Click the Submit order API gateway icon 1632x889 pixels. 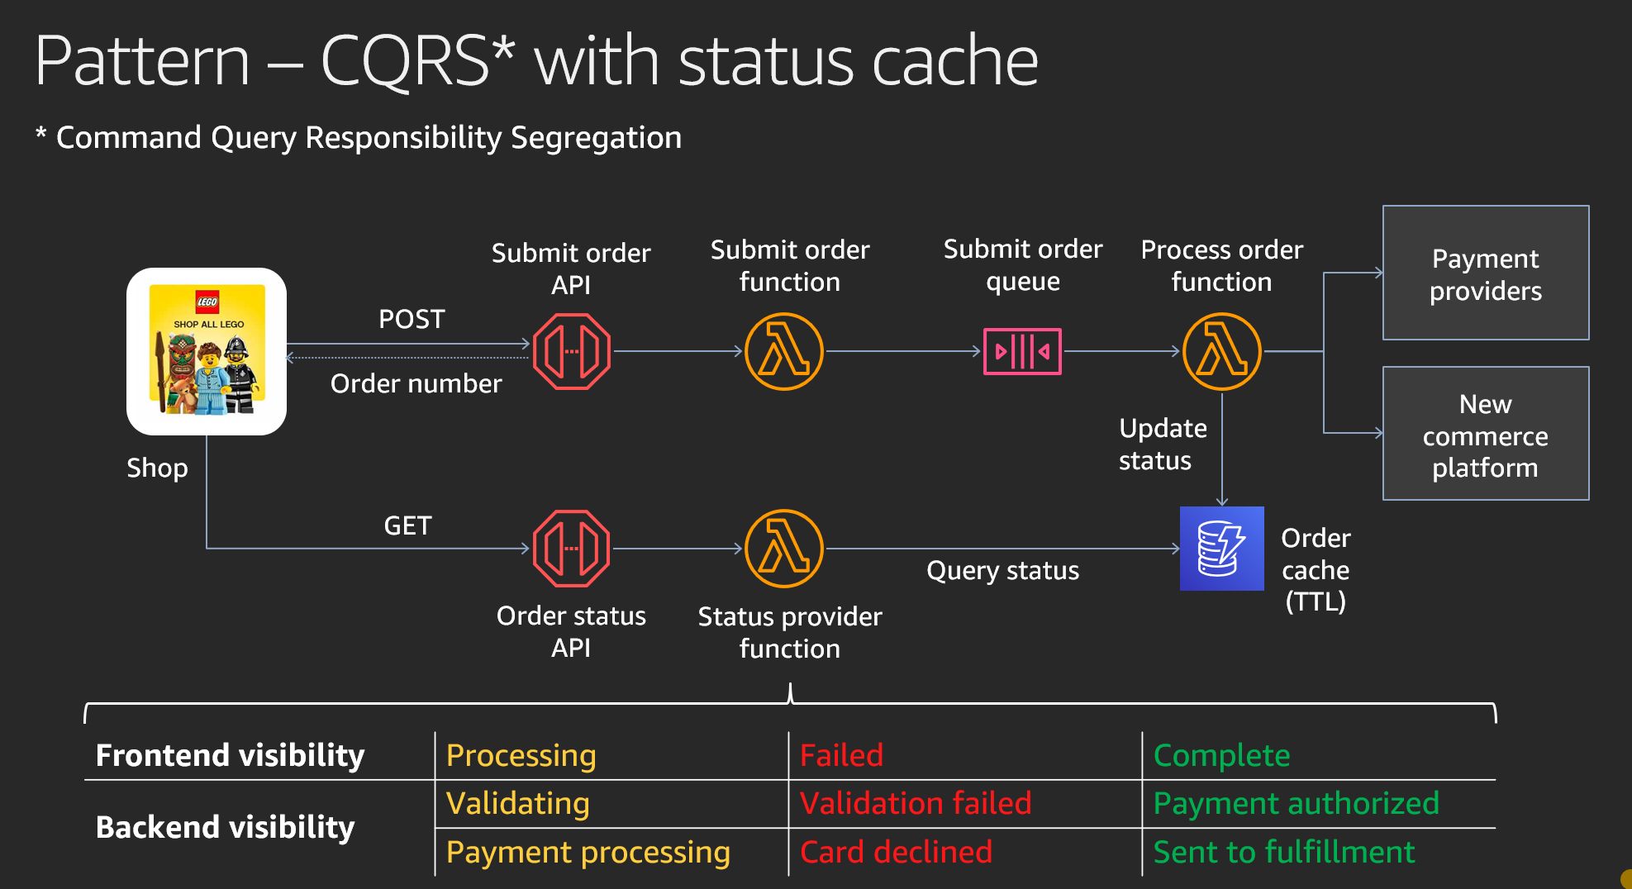[572, 351]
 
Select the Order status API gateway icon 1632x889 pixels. [572, 549]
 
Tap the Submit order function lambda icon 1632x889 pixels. [784, 351]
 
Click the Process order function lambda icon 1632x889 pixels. [1222, 351]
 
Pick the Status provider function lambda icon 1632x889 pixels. [784, 549]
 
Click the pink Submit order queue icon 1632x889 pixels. [1022, 351]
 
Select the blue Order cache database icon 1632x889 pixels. [1222, 549]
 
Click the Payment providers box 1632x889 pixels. [1486, 273]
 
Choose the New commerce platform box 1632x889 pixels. [1486, 433]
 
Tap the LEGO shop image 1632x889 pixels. [207, 351]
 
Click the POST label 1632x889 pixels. [412, 319]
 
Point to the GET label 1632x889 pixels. [407, 525]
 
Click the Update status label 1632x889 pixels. [1163, 444]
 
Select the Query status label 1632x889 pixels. [1002, 571]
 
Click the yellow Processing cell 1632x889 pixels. [521, 756]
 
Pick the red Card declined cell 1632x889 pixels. [896, 852]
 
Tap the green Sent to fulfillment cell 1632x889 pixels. [1284, 852]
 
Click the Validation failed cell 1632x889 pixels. [916, 803]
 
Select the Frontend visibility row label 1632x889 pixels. [230, 755]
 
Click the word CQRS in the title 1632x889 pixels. [405, 61]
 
